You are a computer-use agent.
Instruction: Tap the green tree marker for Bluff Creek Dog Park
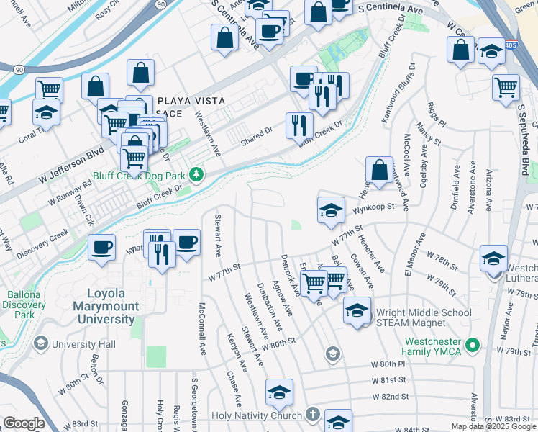click(195, 175)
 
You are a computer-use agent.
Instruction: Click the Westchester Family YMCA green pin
click(473, 346)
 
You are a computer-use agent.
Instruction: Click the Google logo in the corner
click(24, 423)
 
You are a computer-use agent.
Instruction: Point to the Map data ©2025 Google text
click(493, 426)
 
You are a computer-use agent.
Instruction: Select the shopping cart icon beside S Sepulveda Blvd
click(506, 86)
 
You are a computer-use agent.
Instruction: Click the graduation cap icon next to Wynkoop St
click(330, 210)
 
